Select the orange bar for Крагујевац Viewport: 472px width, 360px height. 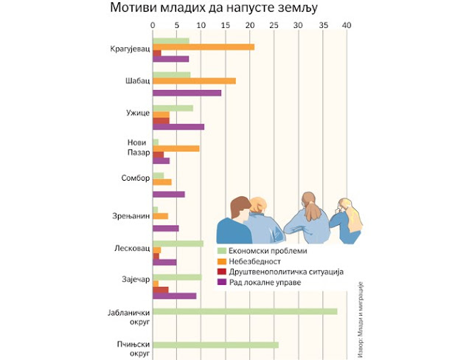point(204,46)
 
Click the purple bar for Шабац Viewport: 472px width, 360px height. point(187,93)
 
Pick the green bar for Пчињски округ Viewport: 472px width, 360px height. point(215,345)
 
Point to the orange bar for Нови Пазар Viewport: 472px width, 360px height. point(176,148)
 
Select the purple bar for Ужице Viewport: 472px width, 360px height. point(178,127)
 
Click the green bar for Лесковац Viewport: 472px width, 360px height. point(178,243)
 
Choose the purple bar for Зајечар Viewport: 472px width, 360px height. point(174,296)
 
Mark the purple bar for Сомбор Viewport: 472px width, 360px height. point(168,194)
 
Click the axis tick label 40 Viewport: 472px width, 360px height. point(347,25)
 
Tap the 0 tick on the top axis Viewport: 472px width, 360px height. point(153,25)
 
